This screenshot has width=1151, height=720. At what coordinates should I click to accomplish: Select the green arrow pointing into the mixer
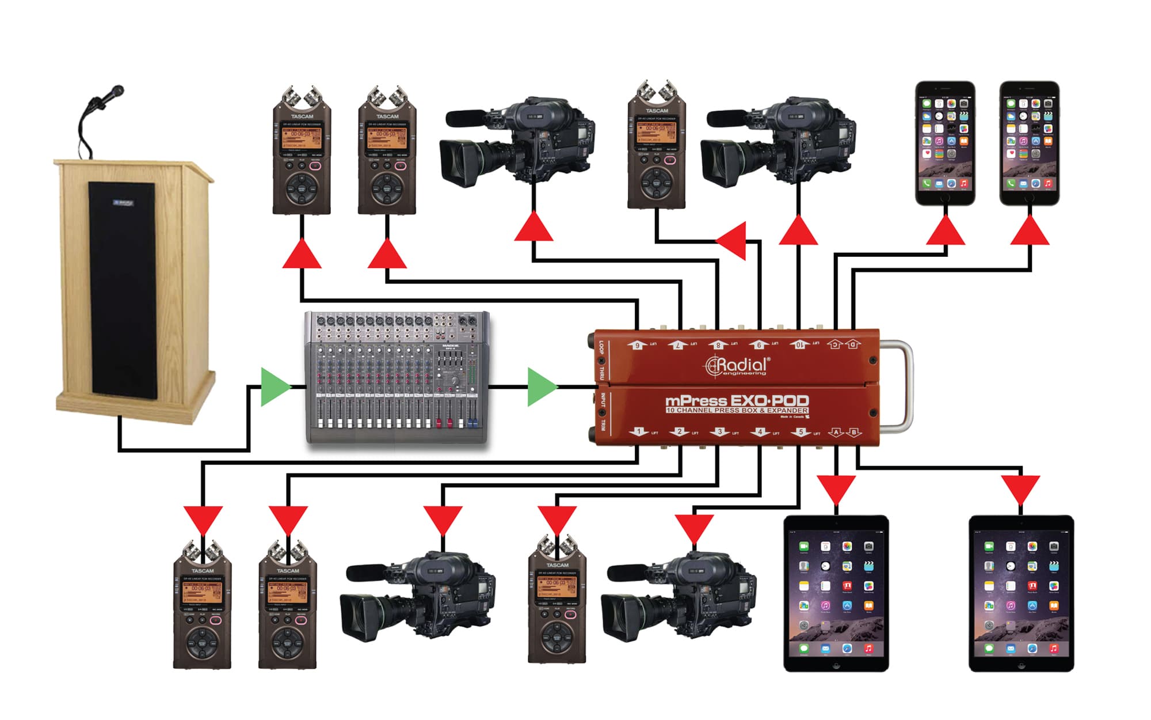pyautogui.click(x=275, y=386)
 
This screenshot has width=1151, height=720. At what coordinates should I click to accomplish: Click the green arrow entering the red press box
pyautogui.click(x=541, y=386)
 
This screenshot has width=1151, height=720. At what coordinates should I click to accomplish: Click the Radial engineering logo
pyautogui.click(x=737, y=366)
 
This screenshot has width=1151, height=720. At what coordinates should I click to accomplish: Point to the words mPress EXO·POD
pyautogui.click(x=737, y=400)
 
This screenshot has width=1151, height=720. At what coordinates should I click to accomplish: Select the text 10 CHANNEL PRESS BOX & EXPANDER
pyautogui.click(x=737, y=411)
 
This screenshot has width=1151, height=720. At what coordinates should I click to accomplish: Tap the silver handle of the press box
pyautogui.click(x=905, y=386)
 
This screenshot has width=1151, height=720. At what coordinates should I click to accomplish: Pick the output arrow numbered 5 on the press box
pyautogui.click(x=801, y=431)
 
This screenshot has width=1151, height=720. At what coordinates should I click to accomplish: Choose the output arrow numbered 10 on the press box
pyautogui.click(x=799, y=344)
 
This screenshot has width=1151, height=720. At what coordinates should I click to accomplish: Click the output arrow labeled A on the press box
pyautogui.click(x=836, y=431)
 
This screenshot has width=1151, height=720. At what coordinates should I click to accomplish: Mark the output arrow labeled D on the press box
pyautogui.click(x=853, y=344)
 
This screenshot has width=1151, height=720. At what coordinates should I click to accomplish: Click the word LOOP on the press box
pyautogui.click(x=601, y=347)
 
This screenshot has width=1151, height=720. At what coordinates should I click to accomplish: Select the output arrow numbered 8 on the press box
pyautogui.click(x=718, y=344)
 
